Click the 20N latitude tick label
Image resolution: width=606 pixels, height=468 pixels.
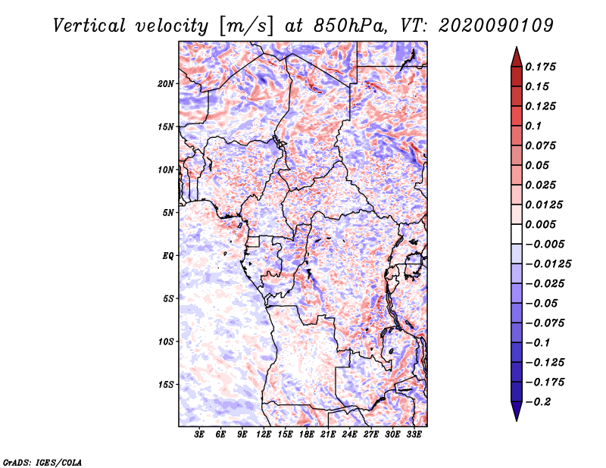tap(166, 84)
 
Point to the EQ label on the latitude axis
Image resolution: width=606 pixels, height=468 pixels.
tap(168, 256)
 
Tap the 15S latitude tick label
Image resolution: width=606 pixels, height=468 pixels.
tap(166, 385)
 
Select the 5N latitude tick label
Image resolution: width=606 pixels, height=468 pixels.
tap(168, 213)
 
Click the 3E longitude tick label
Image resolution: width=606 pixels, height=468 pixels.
tap(199, 435)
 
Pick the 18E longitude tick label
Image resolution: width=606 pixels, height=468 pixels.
tap(307, 435)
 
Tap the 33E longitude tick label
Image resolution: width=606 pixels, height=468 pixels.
tap(414, 435)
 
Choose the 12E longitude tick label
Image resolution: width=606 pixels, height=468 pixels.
tap(264, 435)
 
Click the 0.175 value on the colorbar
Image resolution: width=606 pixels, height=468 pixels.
tap(540, 67)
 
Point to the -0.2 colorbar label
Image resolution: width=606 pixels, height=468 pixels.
tap(539, 402)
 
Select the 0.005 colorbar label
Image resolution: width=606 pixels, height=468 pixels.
tap(540, 224)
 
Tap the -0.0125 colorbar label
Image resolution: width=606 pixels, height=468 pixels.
tap(548, 264)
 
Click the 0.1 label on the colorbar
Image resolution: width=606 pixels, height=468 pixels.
tap(533, 126)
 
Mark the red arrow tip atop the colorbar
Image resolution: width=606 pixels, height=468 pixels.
tap(517, 47)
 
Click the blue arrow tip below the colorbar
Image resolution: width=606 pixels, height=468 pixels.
tap(517, 420)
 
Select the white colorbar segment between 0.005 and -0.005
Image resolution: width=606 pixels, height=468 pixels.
tap(517, 234)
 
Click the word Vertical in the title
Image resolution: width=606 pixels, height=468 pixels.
tap(89, 26)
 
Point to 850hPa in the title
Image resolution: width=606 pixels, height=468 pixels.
tap(350, 26)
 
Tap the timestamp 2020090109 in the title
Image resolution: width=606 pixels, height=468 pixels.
tap(496, 26)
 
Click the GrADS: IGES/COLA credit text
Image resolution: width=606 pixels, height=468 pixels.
tap(42, 462)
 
